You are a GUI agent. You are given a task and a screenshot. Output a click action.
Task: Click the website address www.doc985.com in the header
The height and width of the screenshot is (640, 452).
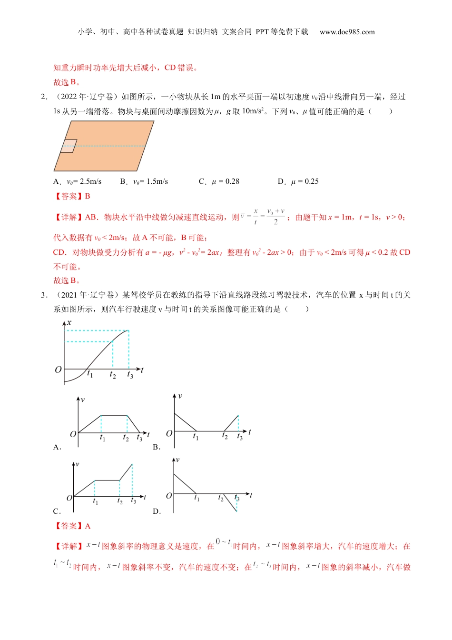coord(347,32)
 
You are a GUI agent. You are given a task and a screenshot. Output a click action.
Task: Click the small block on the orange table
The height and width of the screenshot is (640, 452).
coord(69,146)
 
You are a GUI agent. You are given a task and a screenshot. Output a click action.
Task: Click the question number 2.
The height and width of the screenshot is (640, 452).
coord(44,97)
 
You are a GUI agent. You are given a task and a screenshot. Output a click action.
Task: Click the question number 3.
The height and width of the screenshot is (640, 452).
coord(44,295)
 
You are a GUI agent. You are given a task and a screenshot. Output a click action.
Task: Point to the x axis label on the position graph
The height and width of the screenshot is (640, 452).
coord(69,322)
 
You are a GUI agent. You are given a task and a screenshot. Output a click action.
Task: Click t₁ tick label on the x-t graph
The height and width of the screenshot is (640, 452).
coord(90,374)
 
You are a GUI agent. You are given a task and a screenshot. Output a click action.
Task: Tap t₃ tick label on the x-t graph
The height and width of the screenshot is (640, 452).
coord(130,375)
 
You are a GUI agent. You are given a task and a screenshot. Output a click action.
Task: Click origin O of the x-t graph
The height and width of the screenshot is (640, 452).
coord(58,370)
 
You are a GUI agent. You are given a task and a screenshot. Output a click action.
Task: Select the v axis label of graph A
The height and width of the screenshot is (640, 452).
coord(82,399)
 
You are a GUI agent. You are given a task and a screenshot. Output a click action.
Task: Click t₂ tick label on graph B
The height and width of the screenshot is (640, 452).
coord(225,436)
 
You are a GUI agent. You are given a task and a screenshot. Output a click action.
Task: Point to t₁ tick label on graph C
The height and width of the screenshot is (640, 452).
coord(95,501)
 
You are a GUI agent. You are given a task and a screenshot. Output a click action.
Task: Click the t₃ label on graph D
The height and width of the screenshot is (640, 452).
coord(237,498)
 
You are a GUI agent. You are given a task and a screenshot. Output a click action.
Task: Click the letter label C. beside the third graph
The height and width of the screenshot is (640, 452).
coord(57,511)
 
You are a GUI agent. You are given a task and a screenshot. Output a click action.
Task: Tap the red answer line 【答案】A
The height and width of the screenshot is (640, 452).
coord(73,526)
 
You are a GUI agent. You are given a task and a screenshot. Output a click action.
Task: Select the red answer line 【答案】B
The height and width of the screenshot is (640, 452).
coord(73,196)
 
